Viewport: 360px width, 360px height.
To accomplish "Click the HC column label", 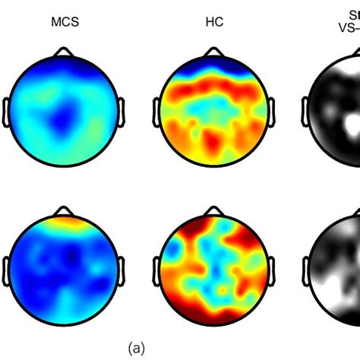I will click(x=215, y=22).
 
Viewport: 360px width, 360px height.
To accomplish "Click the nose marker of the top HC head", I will click(x=215, y=52).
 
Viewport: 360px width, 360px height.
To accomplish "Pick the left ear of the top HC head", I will click(x=157, y=109).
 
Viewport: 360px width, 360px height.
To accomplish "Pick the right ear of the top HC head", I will click(x=273, y=109).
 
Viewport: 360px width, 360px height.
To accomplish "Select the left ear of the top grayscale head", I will click(x=307, y=109).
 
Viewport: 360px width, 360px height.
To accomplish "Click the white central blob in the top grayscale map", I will click(x=351, y=122).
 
